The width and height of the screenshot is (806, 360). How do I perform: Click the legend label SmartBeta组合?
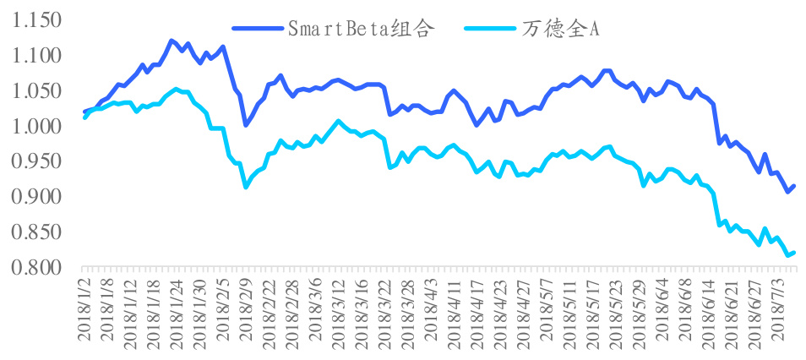[x=362, y=29]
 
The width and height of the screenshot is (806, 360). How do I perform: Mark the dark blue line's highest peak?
[x=171, y=40]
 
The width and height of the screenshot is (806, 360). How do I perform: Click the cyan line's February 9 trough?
[x=246, y=187]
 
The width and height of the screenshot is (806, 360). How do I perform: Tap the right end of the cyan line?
[x=794, y=252]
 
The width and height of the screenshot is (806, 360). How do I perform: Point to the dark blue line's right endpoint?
[x=794, y=185]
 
